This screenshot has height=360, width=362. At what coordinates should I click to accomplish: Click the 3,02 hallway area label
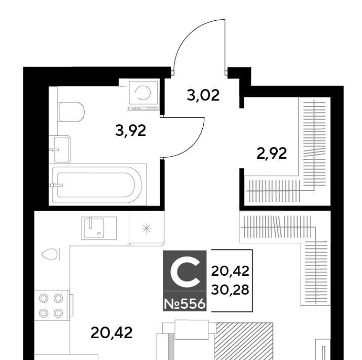(x=203, y=96)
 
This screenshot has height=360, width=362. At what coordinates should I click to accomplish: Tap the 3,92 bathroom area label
(x=131, y=131)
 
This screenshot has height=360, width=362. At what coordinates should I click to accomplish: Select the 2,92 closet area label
(x=272, y=153)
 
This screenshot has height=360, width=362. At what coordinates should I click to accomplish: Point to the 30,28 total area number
(x=230, y=290)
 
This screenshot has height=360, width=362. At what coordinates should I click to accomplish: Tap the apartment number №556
(x=185, y=304)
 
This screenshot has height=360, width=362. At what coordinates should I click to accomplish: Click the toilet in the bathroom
(x=71, y=112)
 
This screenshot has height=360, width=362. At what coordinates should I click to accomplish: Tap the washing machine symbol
(x=143, y=94)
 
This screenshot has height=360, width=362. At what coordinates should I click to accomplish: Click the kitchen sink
(x=99, y=228)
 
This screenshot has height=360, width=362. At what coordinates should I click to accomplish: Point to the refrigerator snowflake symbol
(x=147, y=229)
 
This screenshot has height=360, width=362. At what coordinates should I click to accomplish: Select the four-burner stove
(x=51, y=306)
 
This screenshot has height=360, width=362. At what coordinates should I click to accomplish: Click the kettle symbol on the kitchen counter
(x=49, y=255)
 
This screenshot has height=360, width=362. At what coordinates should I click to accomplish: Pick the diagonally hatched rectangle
(x=243, y=341)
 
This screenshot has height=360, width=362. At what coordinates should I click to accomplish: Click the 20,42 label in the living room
(x=112, y=333)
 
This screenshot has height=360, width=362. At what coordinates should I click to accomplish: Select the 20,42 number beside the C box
(x=230, y=271)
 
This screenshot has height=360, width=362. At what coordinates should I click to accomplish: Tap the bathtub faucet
(x=56, y=185)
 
